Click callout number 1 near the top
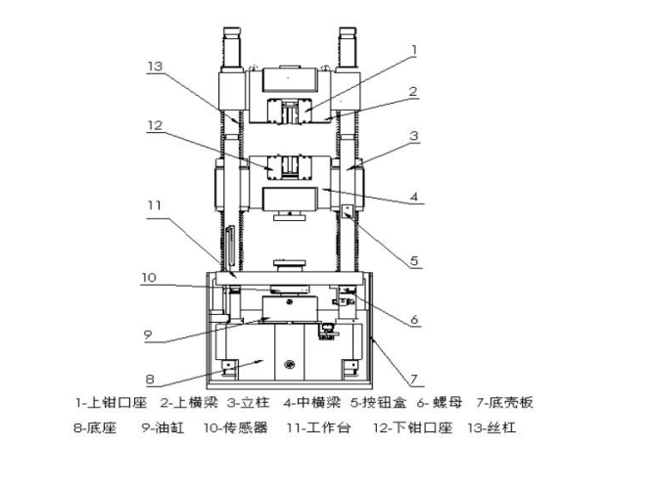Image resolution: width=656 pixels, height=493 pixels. point(414,47)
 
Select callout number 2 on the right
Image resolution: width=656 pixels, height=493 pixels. point(414,91)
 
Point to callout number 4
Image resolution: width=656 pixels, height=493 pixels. point(415,197)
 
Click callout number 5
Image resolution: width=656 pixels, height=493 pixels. point(415,261)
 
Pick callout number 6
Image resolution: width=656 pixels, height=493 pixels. point(415,319)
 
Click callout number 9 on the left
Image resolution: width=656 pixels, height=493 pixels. point(147,334)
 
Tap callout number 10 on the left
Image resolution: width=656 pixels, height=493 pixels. point(147,278)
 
